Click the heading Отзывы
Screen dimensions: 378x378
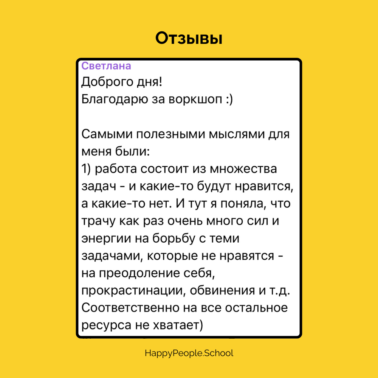click(x=189, y=38)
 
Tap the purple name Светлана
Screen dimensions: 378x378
click(x=106, y=66)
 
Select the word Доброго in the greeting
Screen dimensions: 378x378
click(x=107, y=82)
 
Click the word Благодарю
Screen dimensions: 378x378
click(x=115, y=99)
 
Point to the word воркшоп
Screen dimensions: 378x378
click(x=195, y=99)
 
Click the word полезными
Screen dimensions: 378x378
click(x=171, y=134)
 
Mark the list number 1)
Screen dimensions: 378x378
click(x=86, y=169)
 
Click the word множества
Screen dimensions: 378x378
click(x=243, y=169)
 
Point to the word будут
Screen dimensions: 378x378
click(x=214, y=186)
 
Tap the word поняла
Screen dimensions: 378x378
click(x=242, y=204)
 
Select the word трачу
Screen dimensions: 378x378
click(x=99, y=221)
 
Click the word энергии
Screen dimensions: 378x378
click(x=106, y=239)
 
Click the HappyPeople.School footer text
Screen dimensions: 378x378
click(x=189, y=353)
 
